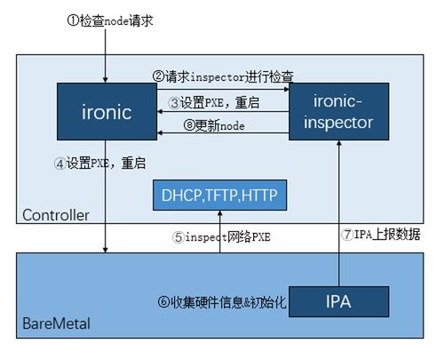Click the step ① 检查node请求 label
click(x=110, y=20)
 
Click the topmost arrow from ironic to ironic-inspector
click(x=222, y=88)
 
